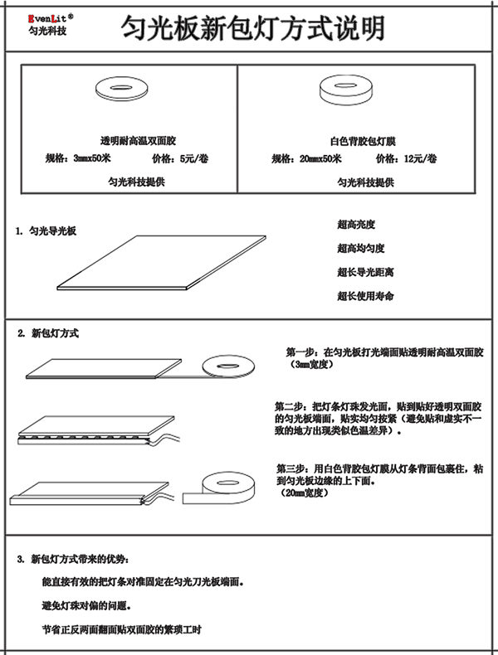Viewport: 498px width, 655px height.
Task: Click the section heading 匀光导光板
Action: coord(53,230)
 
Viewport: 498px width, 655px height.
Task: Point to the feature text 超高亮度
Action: coord(357,225)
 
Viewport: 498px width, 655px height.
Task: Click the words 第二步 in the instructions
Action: coord(290,408)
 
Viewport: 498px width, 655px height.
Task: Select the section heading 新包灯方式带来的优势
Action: coord(80,557)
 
